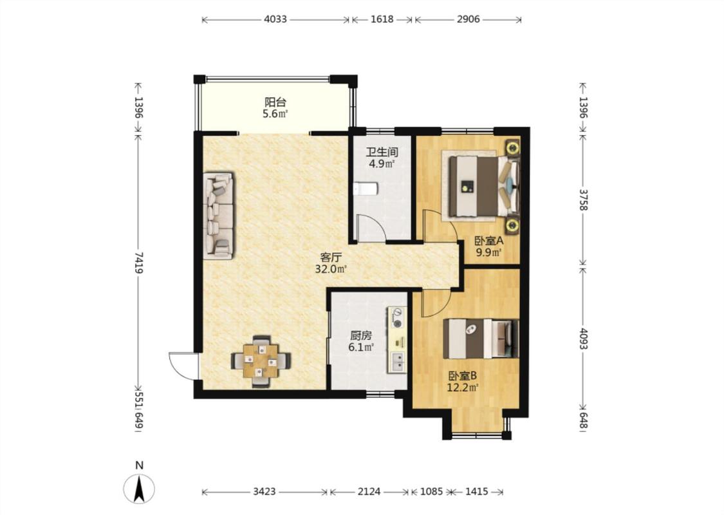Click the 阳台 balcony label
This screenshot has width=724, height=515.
tap(275, 102)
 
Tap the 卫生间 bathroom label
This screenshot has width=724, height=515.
tap(382, 152)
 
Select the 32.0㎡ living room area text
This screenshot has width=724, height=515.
tap(331, 269)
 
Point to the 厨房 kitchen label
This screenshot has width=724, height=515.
tap(360, 336)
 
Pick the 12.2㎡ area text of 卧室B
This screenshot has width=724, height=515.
tap(462, 388)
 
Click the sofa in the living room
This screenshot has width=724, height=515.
tap(218, 216)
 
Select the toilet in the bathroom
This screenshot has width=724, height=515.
tap(366, 189)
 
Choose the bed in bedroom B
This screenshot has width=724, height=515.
tap(481, 339)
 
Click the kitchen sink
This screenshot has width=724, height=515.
tap(397, 362)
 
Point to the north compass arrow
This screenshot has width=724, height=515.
tap(139, 488)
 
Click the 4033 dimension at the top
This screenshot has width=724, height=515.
tap(275, 19)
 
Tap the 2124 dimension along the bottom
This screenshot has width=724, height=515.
tap(369, 491)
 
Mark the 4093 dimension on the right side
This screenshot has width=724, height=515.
tap(583, 339)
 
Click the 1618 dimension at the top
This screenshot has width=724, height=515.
tap(382, 19)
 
